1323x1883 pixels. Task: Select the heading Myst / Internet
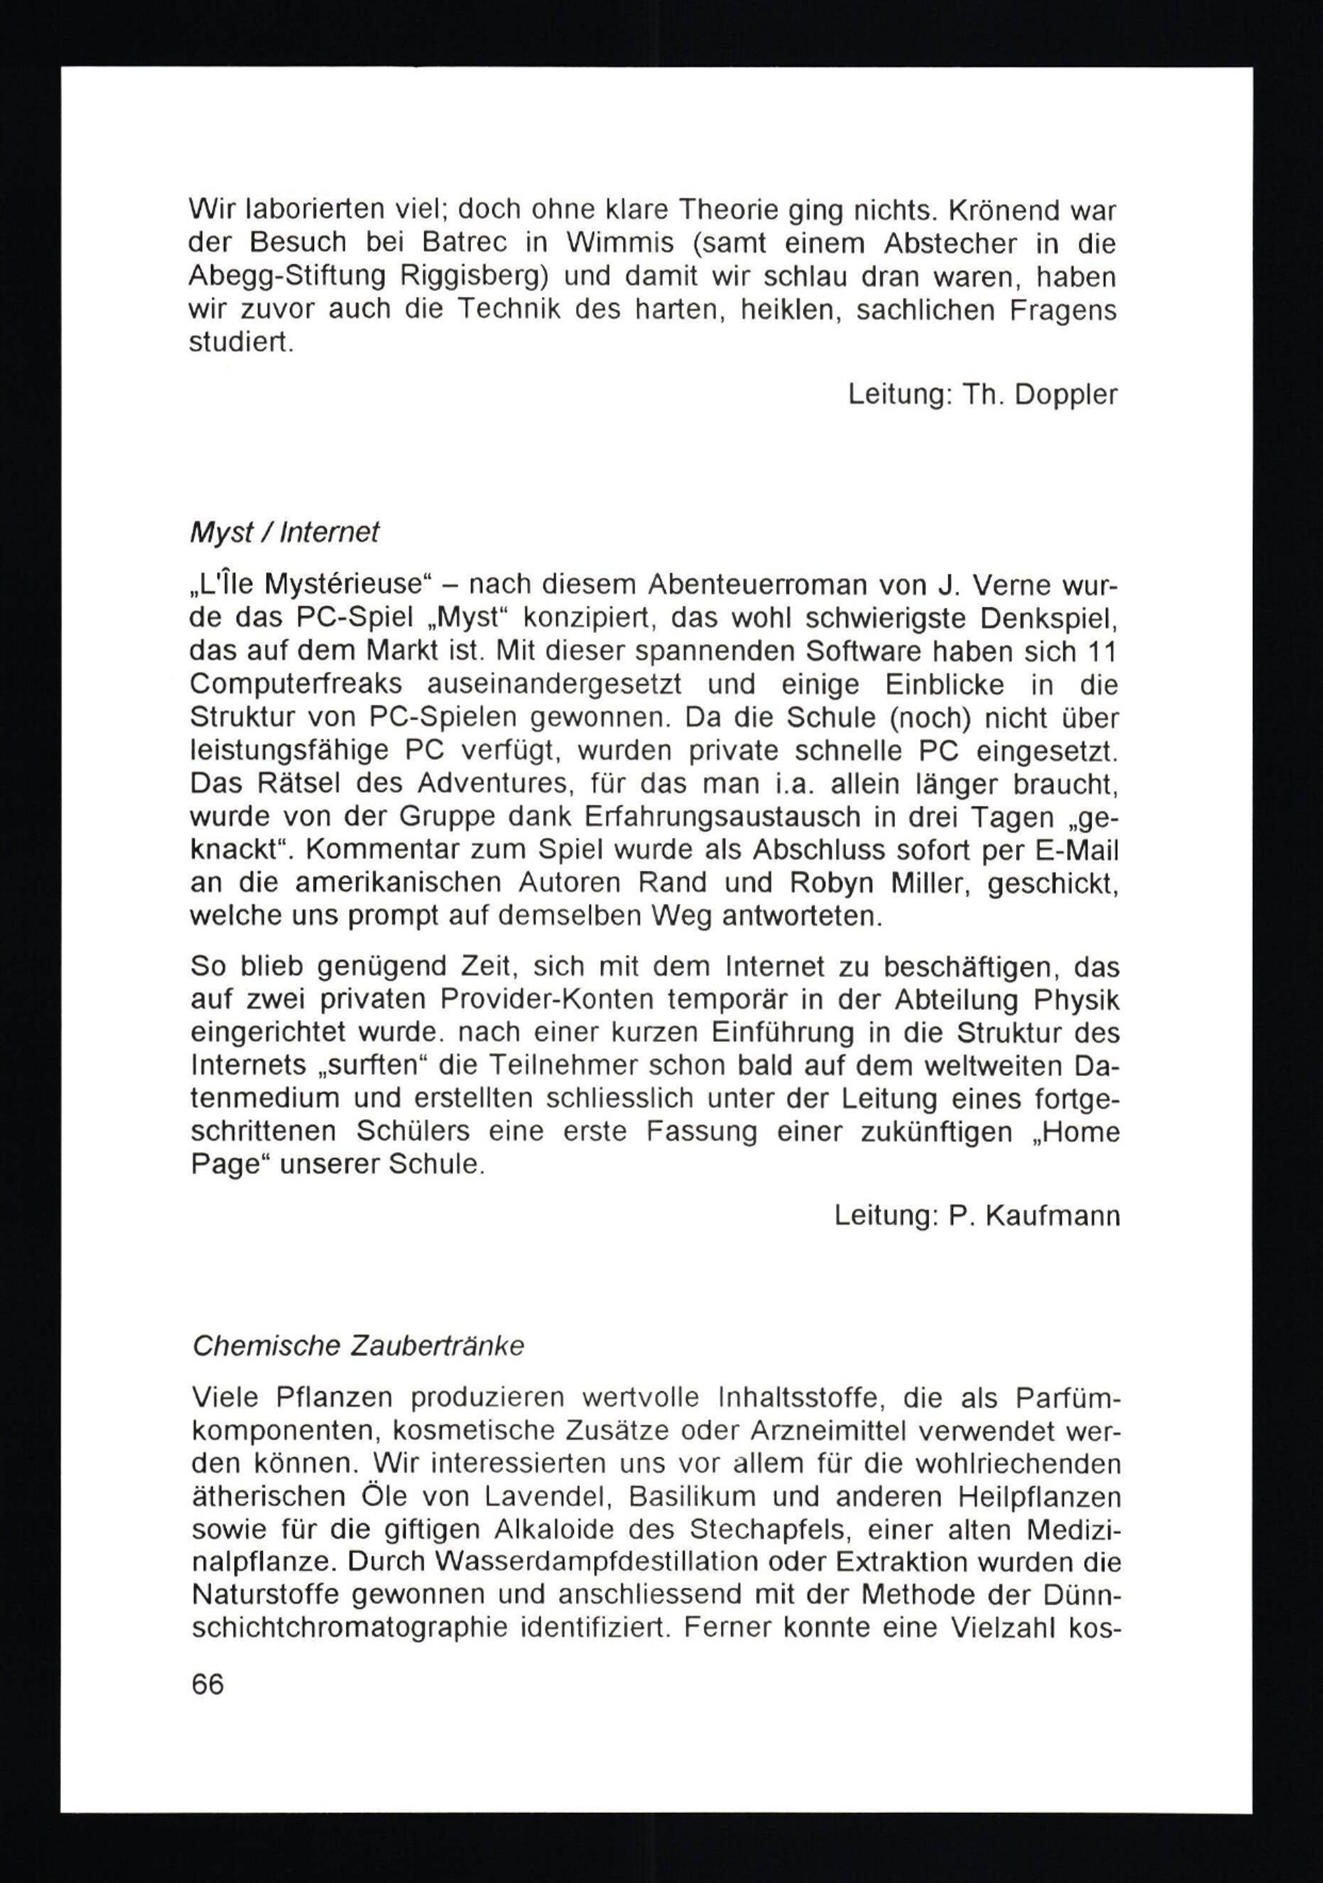tap(284, 533)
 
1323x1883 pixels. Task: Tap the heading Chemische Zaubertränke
tap(358, 1347)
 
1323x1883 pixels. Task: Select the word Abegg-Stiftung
tap(286, 277)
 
